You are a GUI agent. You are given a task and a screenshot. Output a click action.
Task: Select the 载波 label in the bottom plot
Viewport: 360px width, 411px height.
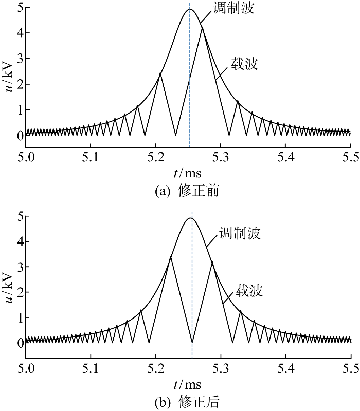pos(249,291)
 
